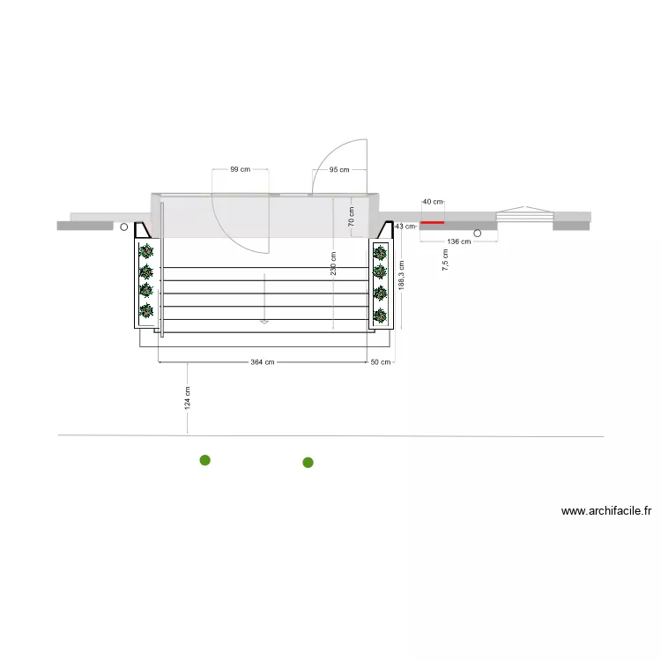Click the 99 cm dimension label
pyautogui.click(x=241, y=169)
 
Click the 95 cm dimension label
pyautogui.click(x=339, y=170)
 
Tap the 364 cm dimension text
pyautogui.click(x=263, y=362)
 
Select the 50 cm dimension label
pyautogui.click(x=380, y=362)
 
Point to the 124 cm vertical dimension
pyautogui.click(x=188, y=398)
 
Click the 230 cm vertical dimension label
pyautogui.click(x=333, y=264)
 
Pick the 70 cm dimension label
pyautogui.click(x=351, y=217)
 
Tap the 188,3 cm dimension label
pyautogui.click(x=401, y=275)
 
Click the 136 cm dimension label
pyautogui.click(x=459, y=241)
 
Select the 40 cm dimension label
pyautogui.click(x=433, y=202)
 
